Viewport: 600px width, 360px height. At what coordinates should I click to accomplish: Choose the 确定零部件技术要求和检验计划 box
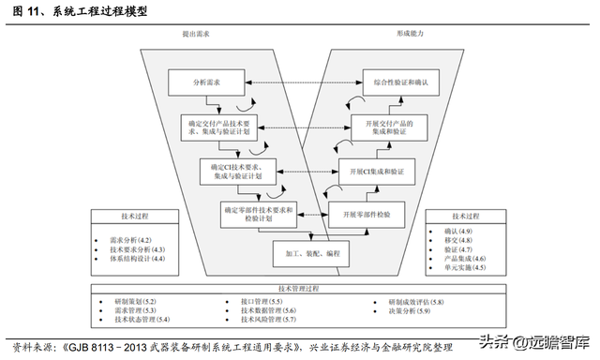pyautogui.click(x=257, y=214)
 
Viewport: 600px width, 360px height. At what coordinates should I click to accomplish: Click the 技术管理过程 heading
pyautogui.click(x=300, y=289)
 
